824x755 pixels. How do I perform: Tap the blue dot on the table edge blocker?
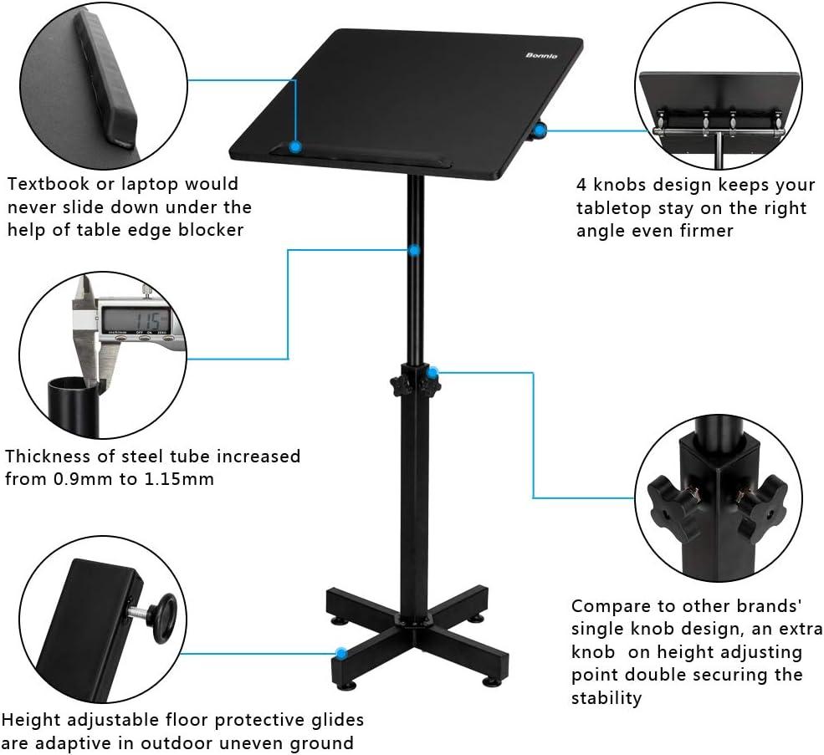pyautogui.click(x=295, y=146)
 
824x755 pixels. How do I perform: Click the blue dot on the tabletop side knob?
pyautogui.click(x=541, y=130)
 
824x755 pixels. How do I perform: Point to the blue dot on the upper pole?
pyautogui.click(x=414, y=249)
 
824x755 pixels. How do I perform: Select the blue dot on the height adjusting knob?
pyautogui.click(x=433, y=372)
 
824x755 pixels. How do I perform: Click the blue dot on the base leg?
pyautogui.click(x=340, y=651)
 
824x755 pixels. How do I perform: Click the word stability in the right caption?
pyautogui.click(x=606, y=696)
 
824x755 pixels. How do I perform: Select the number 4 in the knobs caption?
pyautogui.click(x=582, y=184)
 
